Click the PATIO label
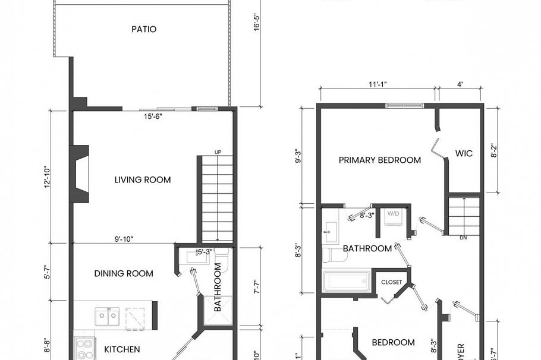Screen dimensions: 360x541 (144, 29)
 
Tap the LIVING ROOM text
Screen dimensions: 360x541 (143, 180)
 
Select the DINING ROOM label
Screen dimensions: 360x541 (124, 274)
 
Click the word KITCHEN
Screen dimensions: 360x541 (122, 349)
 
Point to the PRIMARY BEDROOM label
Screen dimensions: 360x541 (380, 160)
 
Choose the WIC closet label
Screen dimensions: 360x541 (464, 154)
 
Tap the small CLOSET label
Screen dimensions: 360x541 (391, 282)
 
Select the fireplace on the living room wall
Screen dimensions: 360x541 (79, 173)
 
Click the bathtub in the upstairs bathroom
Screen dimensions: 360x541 (347, 281)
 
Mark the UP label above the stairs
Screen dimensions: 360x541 (218, 153)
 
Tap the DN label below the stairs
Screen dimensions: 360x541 (464, 238)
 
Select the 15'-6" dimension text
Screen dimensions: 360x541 (153, 116)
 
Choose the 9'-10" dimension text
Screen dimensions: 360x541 (124, 239)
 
